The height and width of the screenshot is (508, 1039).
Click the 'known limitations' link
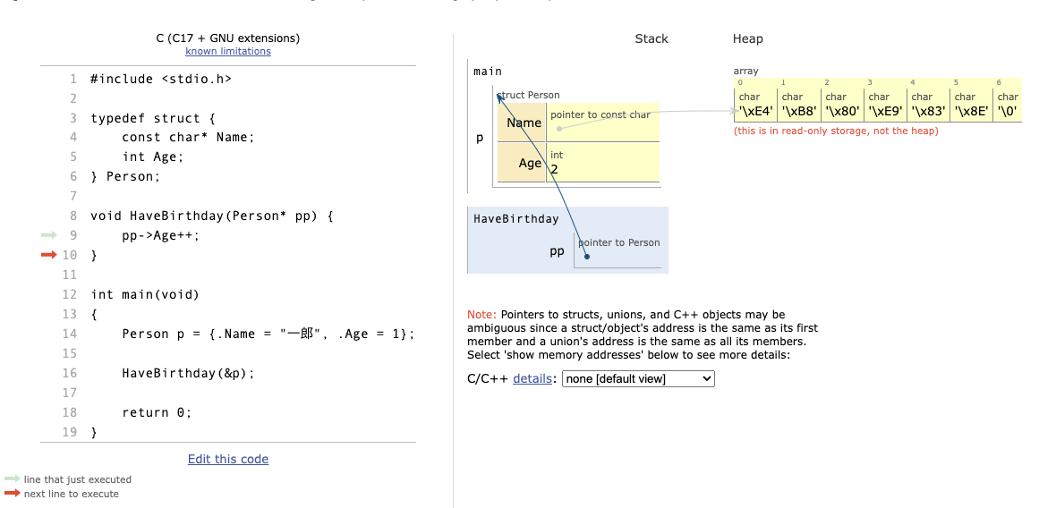(x=228, y=52)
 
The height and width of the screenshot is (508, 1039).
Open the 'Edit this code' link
(x=228, y=459)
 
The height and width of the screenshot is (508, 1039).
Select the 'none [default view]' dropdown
(x=638, y=379)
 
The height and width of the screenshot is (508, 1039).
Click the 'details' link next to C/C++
(x=532, y=379)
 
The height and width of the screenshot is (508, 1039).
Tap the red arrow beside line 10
(x=47, y=255)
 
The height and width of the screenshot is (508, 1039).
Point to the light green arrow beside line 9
(x=47, y=235)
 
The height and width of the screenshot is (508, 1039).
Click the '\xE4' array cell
(x=755, y=111)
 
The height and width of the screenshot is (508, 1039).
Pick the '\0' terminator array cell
(x=1007, y=111)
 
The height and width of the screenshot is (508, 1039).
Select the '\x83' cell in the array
(x=927, y=111)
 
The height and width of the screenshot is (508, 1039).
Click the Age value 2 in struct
(x=555, y=169)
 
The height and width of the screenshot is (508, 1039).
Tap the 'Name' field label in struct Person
(x=524, y=123)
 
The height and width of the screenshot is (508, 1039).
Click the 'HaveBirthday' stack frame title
(x=515, y=219)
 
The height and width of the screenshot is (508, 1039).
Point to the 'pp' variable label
(x=557, y=251)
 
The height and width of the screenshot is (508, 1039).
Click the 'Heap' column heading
(x=747, y=38)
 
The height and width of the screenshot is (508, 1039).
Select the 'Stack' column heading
(x=651, y=38)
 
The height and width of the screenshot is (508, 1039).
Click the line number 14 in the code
(x=69, y=334)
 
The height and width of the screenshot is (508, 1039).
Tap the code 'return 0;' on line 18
(x=158, y=412)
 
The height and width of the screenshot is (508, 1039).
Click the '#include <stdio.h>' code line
(x=161, y=79)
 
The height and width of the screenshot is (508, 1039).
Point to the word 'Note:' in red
(x=481, y=315)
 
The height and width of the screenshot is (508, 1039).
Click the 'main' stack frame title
(x=488, y=72)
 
